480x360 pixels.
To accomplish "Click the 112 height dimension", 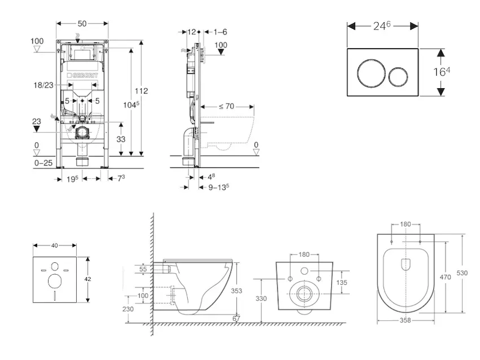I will click(x=141, y=91).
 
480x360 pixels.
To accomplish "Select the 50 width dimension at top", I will click(x=82, y=23).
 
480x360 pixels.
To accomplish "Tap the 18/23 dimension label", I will click(x=43, y=86).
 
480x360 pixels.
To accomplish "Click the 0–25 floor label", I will click(x=43, y=162).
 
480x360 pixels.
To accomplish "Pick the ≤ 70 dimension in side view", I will click(x=226, y=106).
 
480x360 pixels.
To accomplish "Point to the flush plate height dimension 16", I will click(x=442, y=72).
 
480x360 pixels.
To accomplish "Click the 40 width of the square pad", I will click(x=55, y=245).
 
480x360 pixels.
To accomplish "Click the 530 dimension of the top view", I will click(x=462, y=273).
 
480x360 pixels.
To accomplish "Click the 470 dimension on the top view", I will click(x=446, y=277).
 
